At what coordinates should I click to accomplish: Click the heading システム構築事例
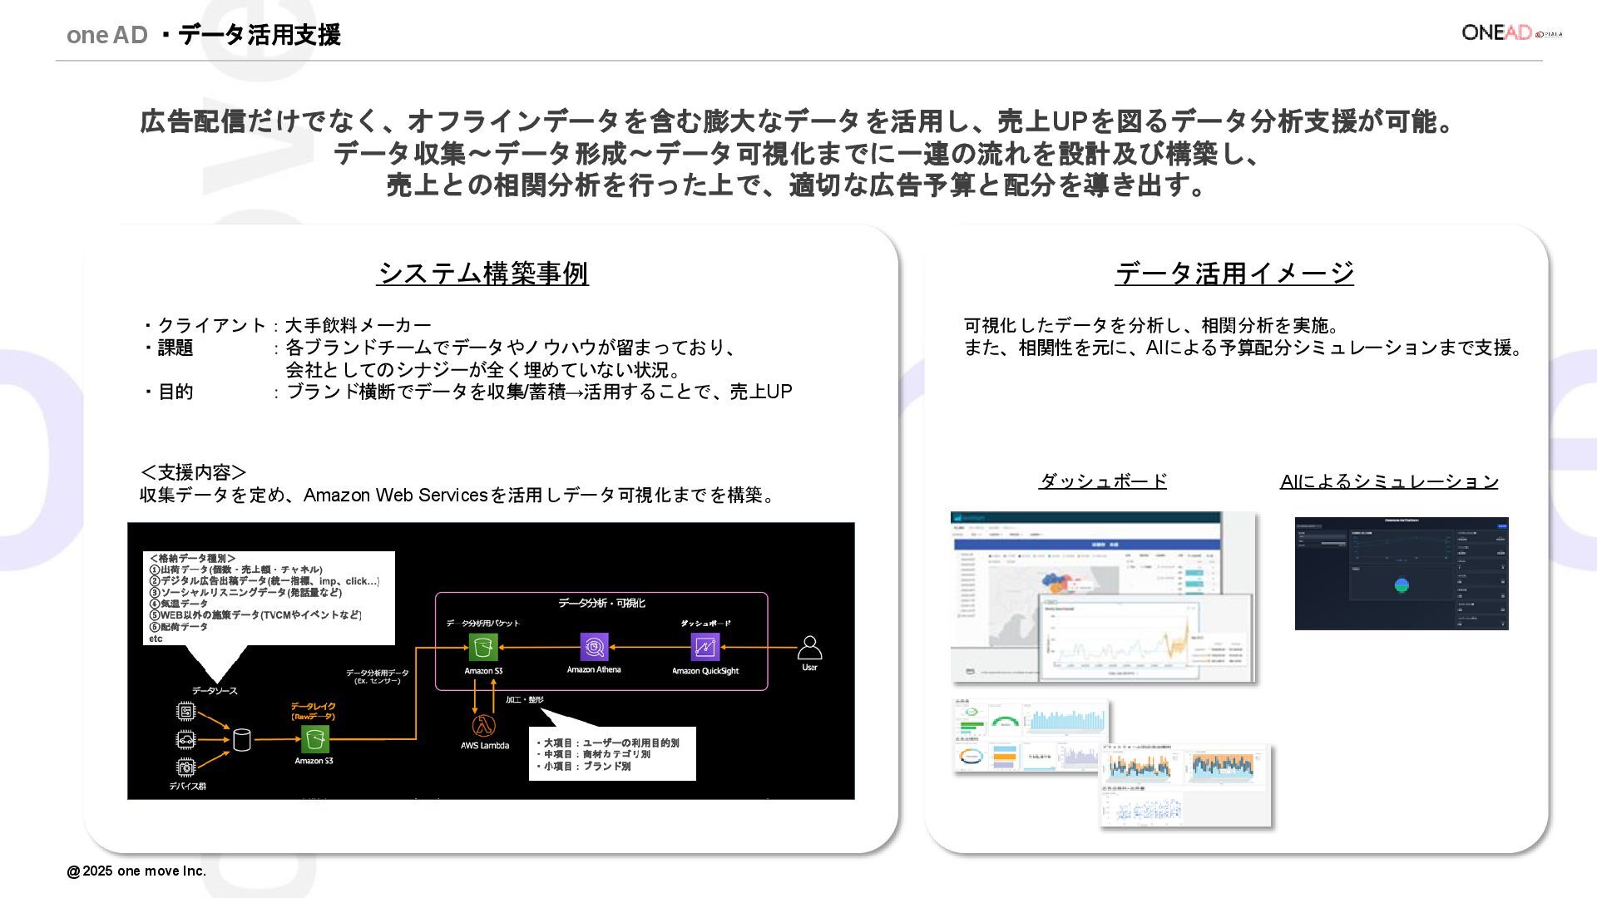coord(482,273)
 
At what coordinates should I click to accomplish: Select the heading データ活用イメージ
coord(1234,273)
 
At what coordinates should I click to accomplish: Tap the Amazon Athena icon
coord(594,647)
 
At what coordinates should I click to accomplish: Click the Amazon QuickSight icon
coord(705,647)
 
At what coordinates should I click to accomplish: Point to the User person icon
coord(809,648)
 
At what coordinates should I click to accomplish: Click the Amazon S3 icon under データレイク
coord(314,738)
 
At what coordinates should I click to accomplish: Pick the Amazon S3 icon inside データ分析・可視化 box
coord(483,647)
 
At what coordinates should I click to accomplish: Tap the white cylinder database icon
coord(241,739)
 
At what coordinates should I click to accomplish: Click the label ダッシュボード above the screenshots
coord(1103,481)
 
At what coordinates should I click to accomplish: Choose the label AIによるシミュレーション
coord(1389,481)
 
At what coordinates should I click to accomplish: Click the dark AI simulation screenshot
coord(1402,574)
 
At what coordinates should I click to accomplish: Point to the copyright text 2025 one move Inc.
coord(136,871)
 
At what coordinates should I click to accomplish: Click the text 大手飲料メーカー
coord(358,325)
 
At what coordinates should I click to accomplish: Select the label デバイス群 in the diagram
coord(187,786)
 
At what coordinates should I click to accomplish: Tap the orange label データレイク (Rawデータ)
coord(314,711)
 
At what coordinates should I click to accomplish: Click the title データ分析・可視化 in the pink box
coord(601,603)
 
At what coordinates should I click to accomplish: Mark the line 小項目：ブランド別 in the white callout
coord(587,767)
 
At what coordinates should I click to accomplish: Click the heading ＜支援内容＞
coord(193,472)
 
